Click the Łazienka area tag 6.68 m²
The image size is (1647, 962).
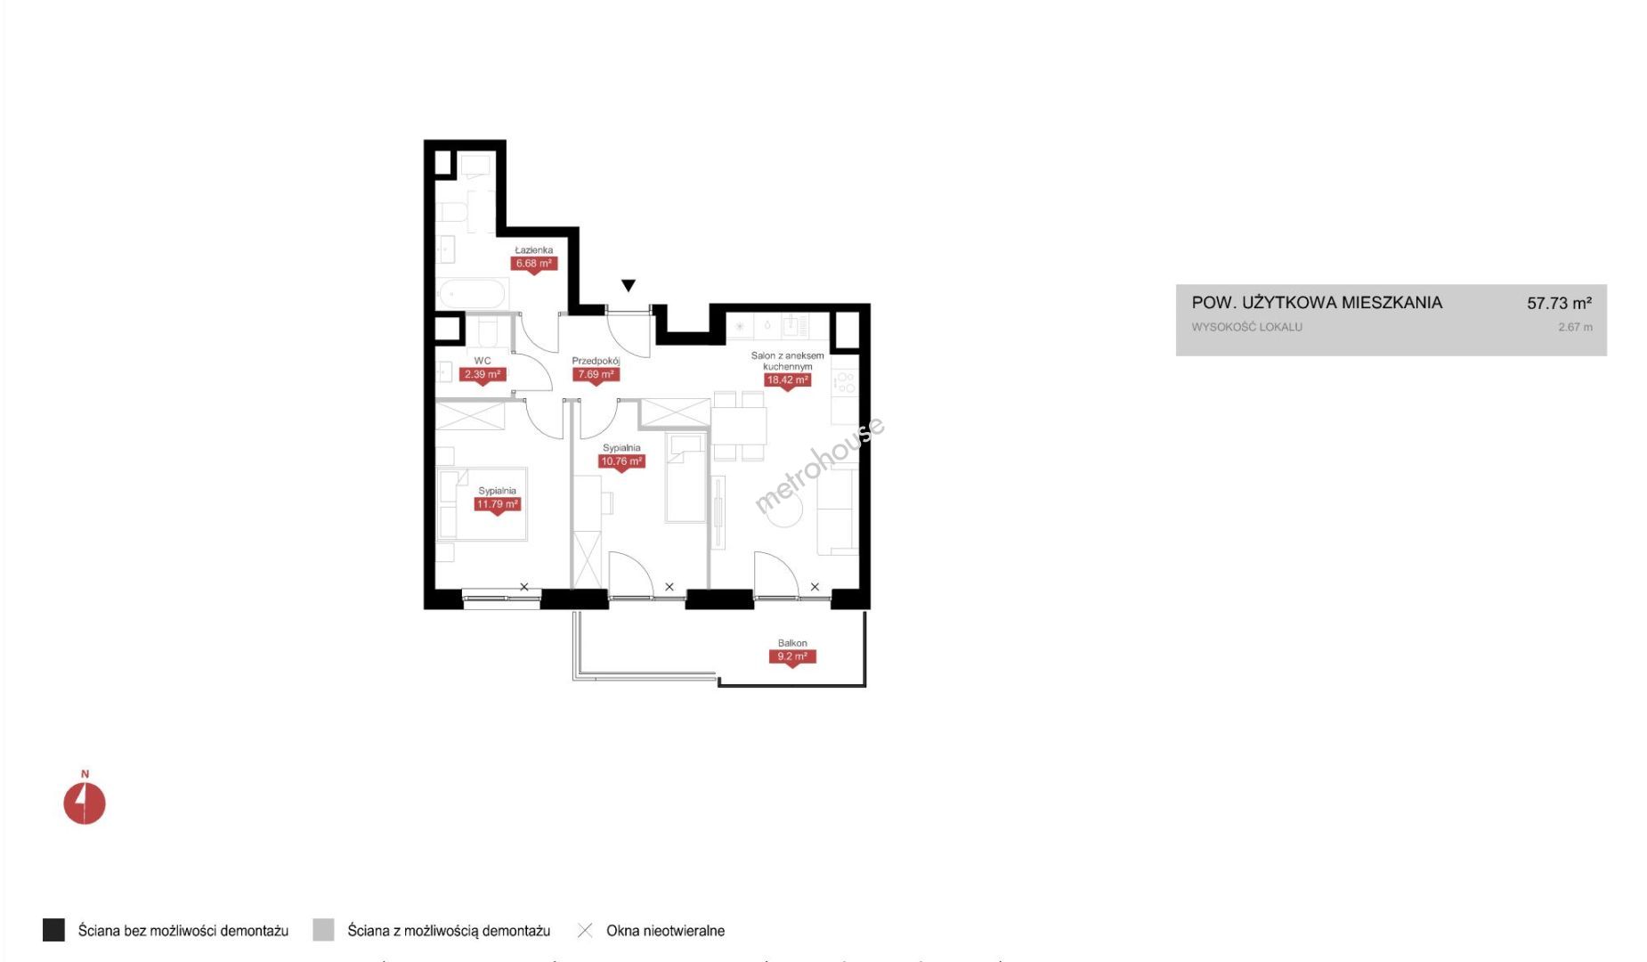pos(534,265)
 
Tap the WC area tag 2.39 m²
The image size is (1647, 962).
pos(483,375)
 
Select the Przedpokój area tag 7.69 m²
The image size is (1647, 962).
pos(596,375)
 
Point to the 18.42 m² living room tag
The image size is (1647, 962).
pos(788,380)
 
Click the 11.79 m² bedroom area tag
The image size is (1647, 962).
pos(498,505)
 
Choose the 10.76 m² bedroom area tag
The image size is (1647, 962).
pos(621,462)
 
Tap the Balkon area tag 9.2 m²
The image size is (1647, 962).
pos(792,657)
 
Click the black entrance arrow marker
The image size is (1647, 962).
pos(629,286)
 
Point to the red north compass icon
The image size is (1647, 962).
pos(85,803)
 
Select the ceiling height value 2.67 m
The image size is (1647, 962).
pos(1576,327)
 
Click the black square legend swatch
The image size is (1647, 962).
pos(53,930)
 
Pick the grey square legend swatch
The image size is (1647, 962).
pos(323,930)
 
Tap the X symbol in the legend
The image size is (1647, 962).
pos(585,931)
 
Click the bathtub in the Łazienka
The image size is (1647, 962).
pos(472,294)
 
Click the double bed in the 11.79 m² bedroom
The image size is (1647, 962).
pos(482,504)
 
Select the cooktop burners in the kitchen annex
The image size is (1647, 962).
pos(844,383)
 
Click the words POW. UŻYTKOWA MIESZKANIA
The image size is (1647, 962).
pos(1317,303)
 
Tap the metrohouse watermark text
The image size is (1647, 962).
pos(820,465)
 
